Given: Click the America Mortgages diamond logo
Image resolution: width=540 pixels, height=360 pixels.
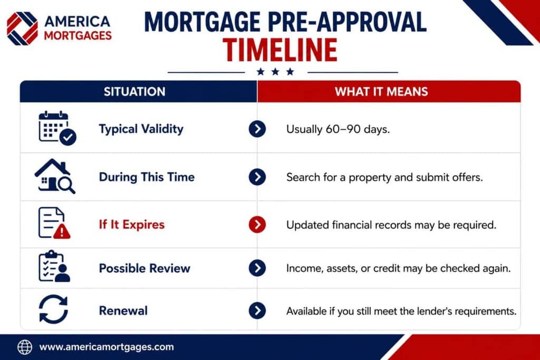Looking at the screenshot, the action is [x=22, y=28].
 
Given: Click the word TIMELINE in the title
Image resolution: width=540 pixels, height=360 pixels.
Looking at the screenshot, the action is [x=279, y=50].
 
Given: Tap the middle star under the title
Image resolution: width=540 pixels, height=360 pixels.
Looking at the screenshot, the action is [x=275, y=72].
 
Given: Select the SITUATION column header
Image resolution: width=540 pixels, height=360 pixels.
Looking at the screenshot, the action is [x=134, y=92].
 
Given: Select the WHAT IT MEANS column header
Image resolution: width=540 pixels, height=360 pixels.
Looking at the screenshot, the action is [x=381, y=92].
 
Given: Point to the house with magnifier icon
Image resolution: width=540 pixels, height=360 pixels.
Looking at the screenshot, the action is [x=55, y=176].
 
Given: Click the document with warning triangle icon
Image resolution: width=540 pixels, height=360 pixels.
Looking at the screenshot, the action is [x=54, y=223].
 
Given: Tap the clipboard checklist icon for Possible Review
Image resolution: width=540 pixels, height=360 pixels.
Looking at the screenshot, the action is [x=54, y=266].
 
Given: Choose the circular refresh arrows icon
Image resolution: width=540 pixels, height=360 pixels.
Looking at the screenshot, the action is [x=53, y=309].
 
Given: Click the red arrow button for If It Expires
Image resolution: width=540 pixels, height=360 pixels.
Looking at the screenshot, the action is [x=257, y=225].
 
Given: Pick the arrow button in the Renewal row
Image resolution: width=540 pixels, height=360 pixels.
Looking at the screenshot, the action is [x=257, y=311].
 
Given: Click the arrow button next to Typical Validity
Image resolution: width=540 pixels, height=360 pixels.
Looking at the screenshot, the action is [x=257, y=129].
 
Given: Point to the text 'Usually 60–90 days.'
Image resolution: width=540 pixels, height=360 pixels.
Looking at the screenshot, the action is [x=338, y=130].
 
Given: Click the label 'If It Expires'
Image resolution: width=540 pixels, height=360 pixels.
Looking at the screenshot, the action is [x=131, y=225].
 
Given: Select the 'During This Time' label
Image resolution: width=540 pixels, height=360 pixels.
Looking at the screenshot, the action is [x=147, y=177].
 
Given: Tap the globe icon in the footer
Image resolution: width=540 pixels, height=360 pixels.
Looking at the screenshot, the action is [x=25, y=347].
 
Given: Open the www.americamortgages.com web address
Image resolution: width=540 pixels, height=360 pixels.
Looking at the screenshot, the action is [x=107, y=347].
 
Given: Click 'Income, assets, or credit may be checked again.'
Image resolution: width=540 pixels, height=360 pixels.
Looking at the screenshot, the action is [x=398, y=268].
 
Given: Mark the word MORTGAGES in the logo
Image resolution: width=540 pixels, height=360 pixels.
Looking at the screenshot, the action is [x=78, y=35].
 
